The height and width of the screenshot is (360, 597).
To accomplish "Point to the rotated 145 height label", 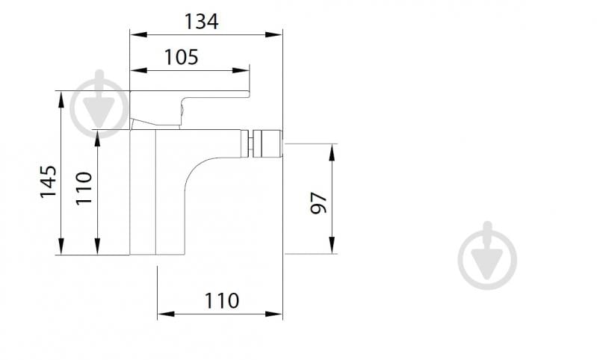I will pyautogui.click(x=48, y=181).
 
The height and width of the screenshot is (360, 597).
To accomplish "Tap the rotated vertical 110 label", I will pyautogui.click(x=83, y=188).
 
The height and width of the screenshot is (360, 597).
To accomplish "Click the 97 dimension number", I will pyautogui.click(x=319, y=202).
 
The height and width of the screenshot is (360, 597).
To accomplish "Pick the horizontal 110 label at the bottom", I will pyautogui.click(x=222, y=301).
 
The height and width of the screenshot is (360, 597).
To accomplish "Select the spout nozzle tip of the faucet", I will pyautogui.click(x=267, y=143).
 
